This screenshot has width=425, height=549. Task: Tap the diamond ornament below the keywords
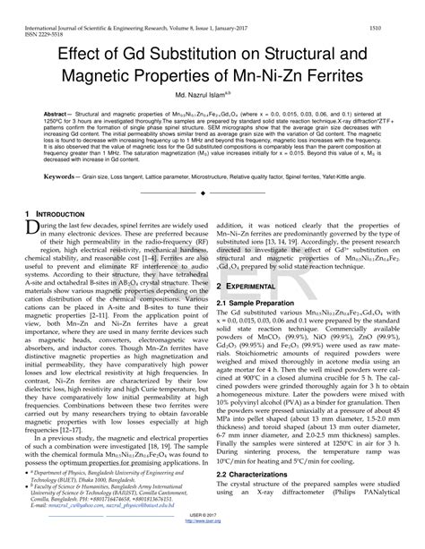pyautogui.click(x=212, y=193)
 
